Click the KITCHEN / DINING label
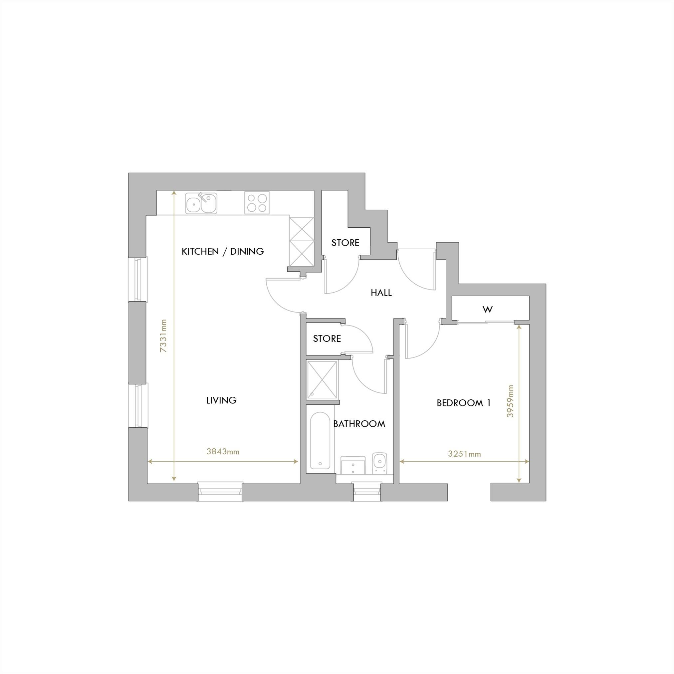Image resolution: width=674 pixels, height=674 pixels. (223, 252)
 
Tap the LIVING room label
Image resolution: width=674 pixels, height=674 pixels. (221, 400)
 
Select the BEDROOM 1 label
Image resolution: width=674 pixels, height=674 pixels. (464, 403)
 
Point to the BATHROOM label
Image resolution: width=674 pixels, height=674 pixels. (359, 424)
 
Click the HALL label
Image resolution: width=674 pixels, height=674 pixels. (381, 293)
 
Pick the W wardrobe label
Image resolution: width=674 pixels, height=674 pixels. (487, 309)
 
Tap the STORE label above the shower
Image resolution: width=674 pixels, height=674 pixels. (327, 338)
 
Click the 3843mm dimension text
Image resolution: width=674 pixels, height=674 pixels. (223, 452)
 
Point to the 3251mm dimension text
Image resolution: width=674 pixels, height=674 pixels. (464, 454)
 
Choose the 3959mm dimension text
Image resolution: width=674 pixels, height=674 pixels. (510, 401)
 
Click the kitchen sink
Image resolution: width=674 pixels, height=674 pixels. (201, 203)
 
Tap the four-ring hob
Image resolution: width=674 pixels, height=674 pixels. (257, 203)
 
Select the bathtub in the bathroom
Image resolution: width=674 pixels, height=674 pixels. (320, 441)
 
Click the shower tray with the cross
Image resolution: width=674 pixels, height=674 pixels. (322, 380)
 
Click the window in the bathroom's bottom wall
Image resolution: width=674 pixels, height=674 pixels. (367, 492)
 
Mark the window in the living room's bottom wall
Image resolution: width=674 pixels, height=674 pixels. (220, 492)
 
